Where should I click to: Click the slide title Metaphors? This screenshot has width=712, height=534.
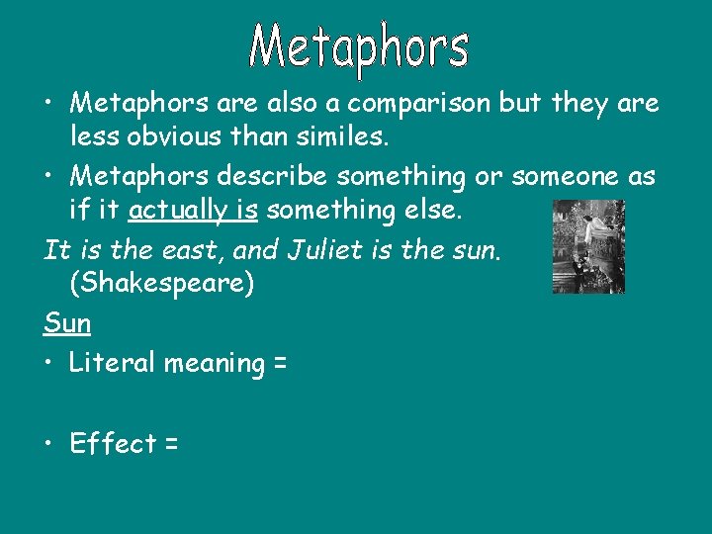[358, 48]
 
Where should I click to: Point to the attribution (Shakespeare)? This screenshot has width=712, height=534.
[162, 284]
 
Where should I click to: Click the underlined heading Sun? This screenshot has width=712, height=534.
[67, 322]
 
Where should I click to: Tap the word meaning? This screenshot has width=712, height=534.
[214, 364]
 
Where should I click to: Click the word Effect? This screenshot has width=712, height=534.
[113, 443]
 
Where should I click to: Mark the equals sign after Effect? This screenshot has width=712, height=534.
[171, 444]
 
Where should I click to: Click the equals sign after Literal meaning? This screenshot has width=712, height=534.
[279, 364]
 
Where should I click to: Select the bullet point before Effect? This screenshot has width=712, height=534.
[50, 444]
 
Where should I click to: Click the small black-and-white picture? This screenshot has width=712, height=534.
[588, 246]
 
